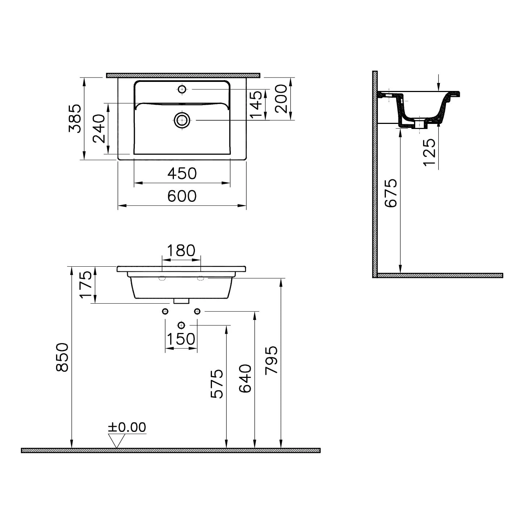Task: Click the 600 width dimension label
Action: pyautogui.click(x=182, y=196)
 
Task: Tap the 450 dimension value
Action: pyautogui.click(x=182, y=174)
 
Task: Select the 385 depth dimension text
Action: pyautogui.click(x=75, y=118)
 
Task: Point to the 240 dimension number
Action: pyautogui.click(x=99, y=129)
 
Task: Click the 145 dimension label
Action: pyautogui.click(x=256, y=105)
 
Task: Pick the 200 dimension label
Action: pyautogui.click(x=281, y=99)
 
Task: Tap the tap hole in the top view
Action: pyautogui.click(x=182, y=89)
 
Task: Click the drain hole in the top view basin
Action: pyautogui.click(x=182, y=120)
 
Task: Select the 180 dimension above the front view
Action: pyautogui.click(x=181, y=250)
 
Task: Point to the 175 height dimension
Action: pyautogui.click(x=86, y=285)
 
